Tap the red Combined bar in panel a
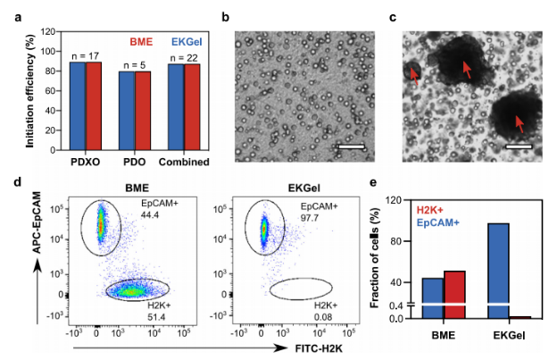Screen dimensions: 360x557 point(191,108)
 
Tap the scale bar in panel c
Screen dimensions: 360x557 point(519,145)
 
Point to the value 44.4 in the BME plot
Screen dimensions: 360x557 point(149,215)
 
